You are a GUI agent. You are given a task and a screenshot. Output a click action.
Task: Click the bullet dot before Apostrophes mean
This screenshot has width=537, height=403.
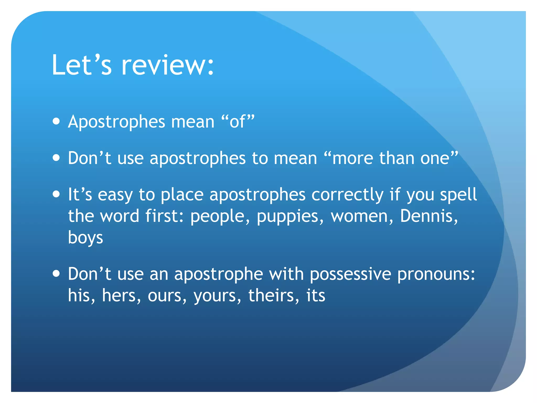pos(56,121)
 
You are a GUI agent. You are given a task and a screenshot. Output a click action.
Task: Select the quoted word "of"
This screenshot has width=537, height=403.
pos(238,121)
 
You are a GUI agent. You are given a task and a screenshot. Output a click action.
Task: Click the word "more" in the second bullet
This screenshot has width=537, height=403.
pos(352,158)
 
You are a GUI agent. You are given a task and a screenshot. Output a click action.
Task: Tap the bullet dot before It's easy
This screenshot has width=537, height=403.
pos(56,194)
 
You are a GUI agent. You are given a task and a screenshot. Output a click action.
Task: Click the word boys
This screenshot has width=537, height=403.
pos(85,238)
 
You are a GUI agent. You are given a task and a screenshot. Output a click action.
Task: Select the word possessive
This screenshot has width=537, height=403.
pos(350,274)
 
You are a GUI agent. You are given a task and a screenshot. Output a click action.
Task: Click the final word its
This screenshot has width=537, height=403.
pos(316,295)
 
